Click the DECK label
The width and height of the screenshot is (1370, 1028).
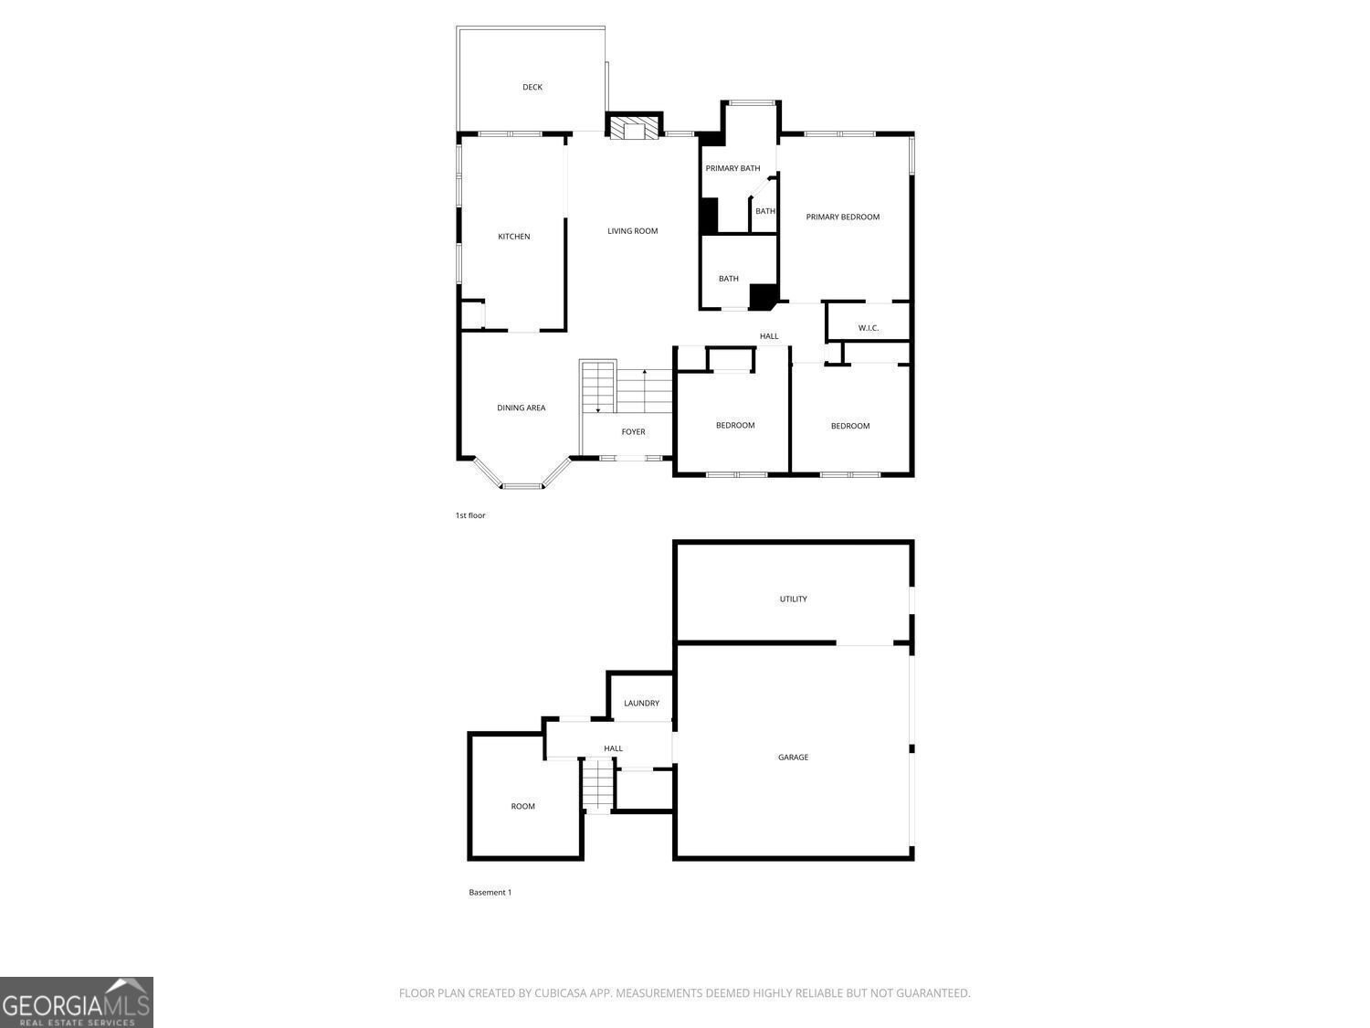pyautogui.click(x=532, y=88)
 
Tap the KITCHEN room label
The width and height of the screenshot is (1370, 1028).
pyautogui.click(x=513, y=237)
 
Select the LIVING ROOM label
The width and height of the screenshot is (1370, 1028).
pyautogui.click(x=632, y=231)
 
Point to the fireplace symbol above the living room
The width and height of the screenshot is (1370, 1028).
pyautogui.click(x=635, y=129)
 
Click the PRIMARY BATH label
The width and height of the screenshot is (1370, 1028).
pyautogui.click(x=732, y=168)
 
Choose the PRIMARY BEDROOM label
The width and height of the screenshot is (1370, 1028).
pyautogui.click(x=842, y=217)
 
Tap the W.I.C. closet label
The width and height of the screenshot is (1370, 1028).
pyautogui.click(x=868, y=328)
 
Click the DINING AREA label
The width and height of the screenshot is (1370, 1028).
pyautogui.click(x=521, y=408)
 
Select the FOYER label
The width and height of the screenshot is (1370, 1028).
pyautogui.click(x=633, y=432)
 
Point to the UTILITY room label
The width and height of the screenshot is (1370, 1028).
pyautogui.click(x=793, y=599)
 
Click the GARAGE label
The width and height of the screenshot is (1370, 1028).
pyautogui.click(x=793, y=758)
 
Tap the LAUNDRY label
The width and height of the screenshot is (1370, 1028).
pyautogui.click(x=641, y=704)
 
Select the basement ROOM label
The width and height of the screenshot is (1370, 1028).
pyautogui.click(x=522, y=807)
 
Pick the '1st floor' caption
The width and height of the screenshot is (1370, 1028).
pyautogui.click(x=470, y=516)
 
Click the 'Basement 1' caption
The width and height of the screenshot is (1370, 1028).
pyautogui.click(x=490, y=893)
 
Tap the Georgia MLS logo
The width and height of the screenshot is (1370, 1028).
pyautogui.click(x=76, y=1002)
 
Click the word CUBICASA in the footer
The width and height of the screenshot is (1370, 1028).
pyautogui.click(x=559, y=993)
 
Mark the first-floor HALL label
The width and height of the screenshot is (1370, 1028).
pyautogui.click(x=769, y=336)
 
